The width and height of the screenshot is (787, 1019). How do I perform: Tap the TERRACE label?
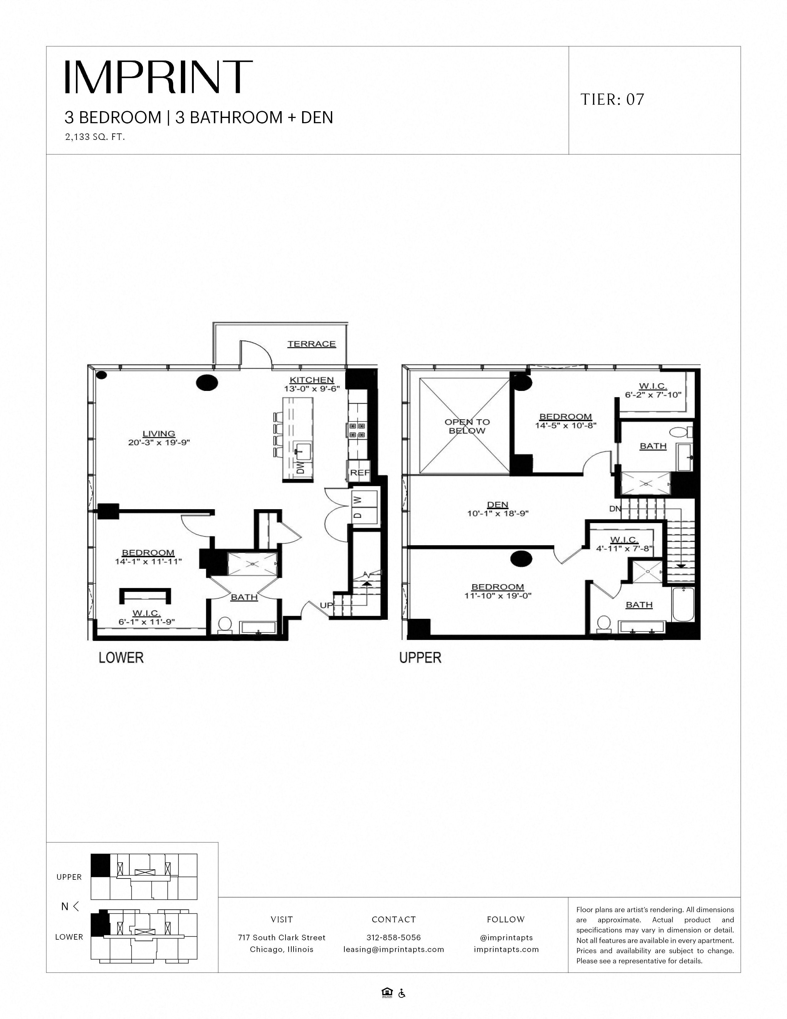point(311,344)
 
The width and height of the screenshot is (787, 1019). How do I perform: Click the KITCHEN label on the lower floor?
point(311,380)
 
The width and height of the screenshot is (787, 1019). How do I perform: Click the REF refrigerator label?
point(359,473)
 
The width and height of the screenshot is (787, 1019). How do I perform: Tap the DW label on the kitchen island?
point(300,468)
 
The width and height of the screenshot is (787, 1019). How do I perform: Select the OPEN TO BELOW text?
point(467,426)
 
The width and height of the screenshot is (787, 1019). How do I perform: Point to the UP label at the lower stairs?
point(326,605)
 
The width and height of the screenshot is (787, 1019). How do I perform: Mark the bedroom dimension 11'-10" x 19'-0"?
point(498,596)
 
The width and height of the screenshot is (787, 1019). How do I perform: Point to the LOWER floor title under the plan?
point(121,658)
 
